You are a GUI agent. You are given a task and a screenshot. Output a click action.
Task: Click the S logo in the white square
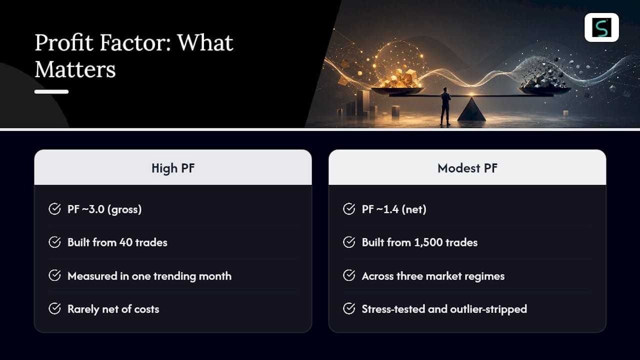pyautogui.click(x=601, y=27)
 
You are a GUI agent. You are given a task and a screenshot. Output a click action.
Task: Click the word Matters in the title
pyautogui.click(x=75, y=69)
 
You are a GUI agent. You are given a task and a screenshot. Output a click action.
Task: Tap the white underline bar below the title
pyautogui.click(x=51, y=91)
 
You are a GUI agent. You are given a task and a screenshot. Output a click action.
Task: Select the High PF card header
pyautogui.click(x=173, y=167)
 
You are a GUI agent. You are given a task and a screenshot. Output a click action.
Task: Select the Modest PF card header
pyautogui.click(x=467, y=167)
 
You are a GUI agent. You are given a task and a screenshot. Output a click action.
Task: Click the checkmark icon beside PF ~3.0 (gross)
pyautogui.click(x=54, y=209)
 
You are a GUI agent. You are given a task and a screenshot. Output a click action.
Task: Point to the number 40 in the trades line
pyautogui.click(x=125, y=242)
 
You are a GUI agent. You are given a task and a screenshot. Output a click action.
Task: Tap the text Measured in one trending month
pyautogui.click(x=149, y=276)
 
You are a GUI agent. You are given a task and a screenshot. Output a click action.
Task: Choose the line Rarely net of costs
pyautogui.click(x=113, y=309)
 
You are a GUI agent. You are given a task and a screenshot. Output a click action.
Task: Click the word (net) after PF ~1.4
pyautogui.click(x=414, y=209)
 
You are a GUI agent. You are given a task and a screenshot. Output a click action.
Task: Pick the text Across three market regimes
pyautogui.click(x=433, y=276)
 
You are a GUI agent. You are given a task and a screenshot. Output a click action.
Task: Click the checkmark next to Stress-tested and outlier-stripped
pyautogui.click(x=349, y=308)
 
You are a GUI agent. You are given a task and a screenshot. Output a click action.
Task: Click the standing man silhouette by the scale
pyautogui.click(x=445, y=106)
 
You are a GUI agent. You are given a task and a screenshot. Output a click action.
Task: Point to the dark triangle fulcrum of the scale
pyautogui.click(x=471, y=109)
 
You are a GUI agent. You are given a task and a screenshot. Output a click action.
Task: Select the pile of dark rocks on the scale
pyautogui.click(x=543, y=80)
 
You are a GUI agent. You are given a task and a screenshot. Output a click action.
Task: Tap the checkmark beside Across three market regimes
pyautogui.click(x=349, y=275)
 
